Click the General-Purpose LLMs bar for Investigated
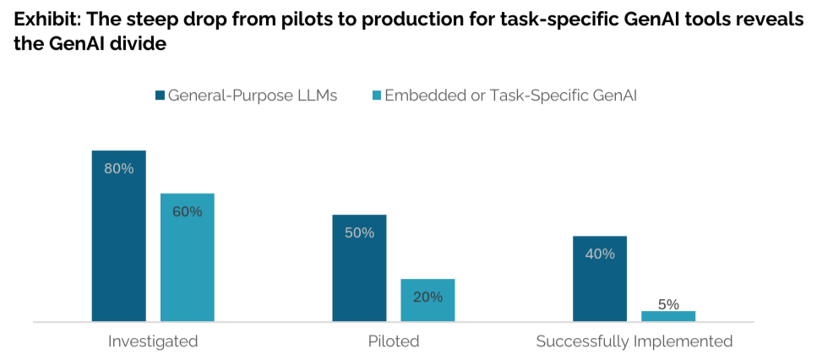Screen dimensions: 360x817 click(119, 245)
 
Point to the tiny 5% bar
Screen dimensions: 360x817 click(668, 316)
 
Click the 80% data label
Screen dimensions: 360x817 click(119, 168)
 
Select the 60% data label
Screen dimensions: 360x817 click(187, 211)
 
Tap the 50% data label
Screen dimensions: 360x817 click(359, 232)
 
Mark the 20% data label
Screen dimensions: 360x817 click(428, 297)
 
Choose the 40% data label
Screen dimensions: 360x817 click(599, 254)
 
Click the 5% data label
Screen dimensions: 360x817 click(668, 304)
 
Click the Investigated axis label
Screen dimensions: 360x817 click(153, 341)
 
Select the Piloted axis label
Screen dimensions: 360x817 click(394, 341)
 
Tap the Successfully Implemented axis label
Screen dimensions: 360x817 click(634, 341)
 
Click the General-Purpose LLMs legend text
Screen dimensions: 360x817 click(253, 95)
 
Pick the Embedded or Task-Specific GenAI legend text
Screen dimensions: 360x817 click(510, 95)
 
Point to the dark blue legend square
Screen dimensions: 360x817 click(159, 95)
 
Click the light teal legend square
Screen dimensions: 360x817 click(375, 95)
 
